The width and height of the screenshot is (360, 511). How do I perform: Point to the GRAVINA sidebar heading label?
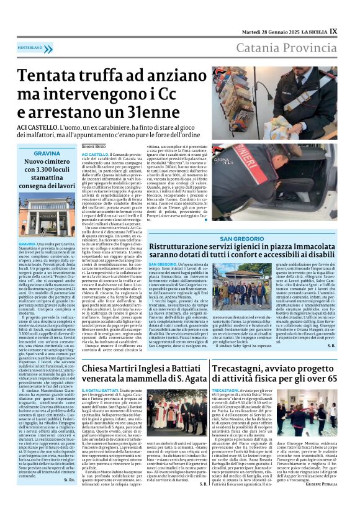point(47,153)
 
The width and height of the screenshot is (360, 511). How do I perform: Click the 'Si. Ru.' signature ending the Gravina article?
point(68,497)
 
